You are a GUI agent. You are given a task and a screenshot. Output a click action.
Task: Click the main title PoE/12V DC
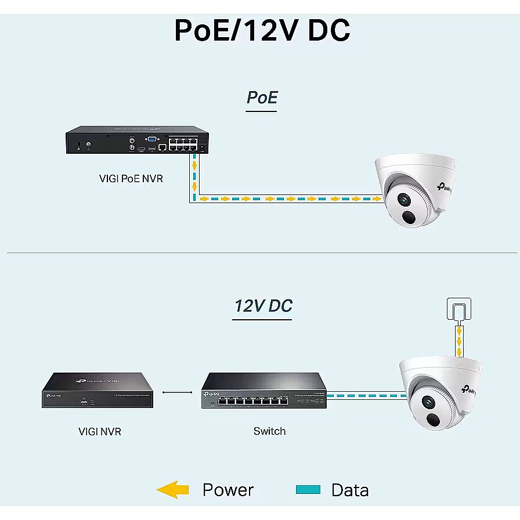tap(262, 30)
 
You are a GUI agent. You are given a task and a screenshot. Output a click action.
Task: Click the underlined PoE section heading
tap(262, 98)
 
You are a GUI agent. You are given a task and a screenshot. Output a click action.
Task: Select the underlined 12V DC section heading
tap(263, 306)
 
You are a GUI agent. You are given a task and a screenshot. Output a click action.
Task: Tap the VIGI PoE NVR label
tap(131, 178)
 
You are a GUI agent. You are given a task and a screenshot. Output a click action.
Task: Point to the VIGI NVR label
tap(100, 431)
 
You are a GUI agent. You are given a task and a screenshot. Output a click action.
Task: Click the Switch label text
tap(270, 431)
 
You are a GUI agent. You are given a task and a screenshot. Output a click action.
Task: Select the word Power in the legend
tap(228, 490)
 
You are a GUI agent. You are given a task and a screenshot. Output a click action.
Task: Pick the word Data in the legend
tap(349, 490)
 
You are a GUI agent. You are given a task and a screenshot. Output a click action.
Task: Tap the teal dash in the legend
tap(308, 490)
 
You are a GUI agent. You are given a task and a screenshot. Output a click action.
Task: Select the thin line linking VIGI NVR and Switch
tap(177, 392)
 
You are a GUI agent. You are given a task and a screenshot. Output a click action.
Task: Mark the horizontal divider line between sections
tap(261, 252)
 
